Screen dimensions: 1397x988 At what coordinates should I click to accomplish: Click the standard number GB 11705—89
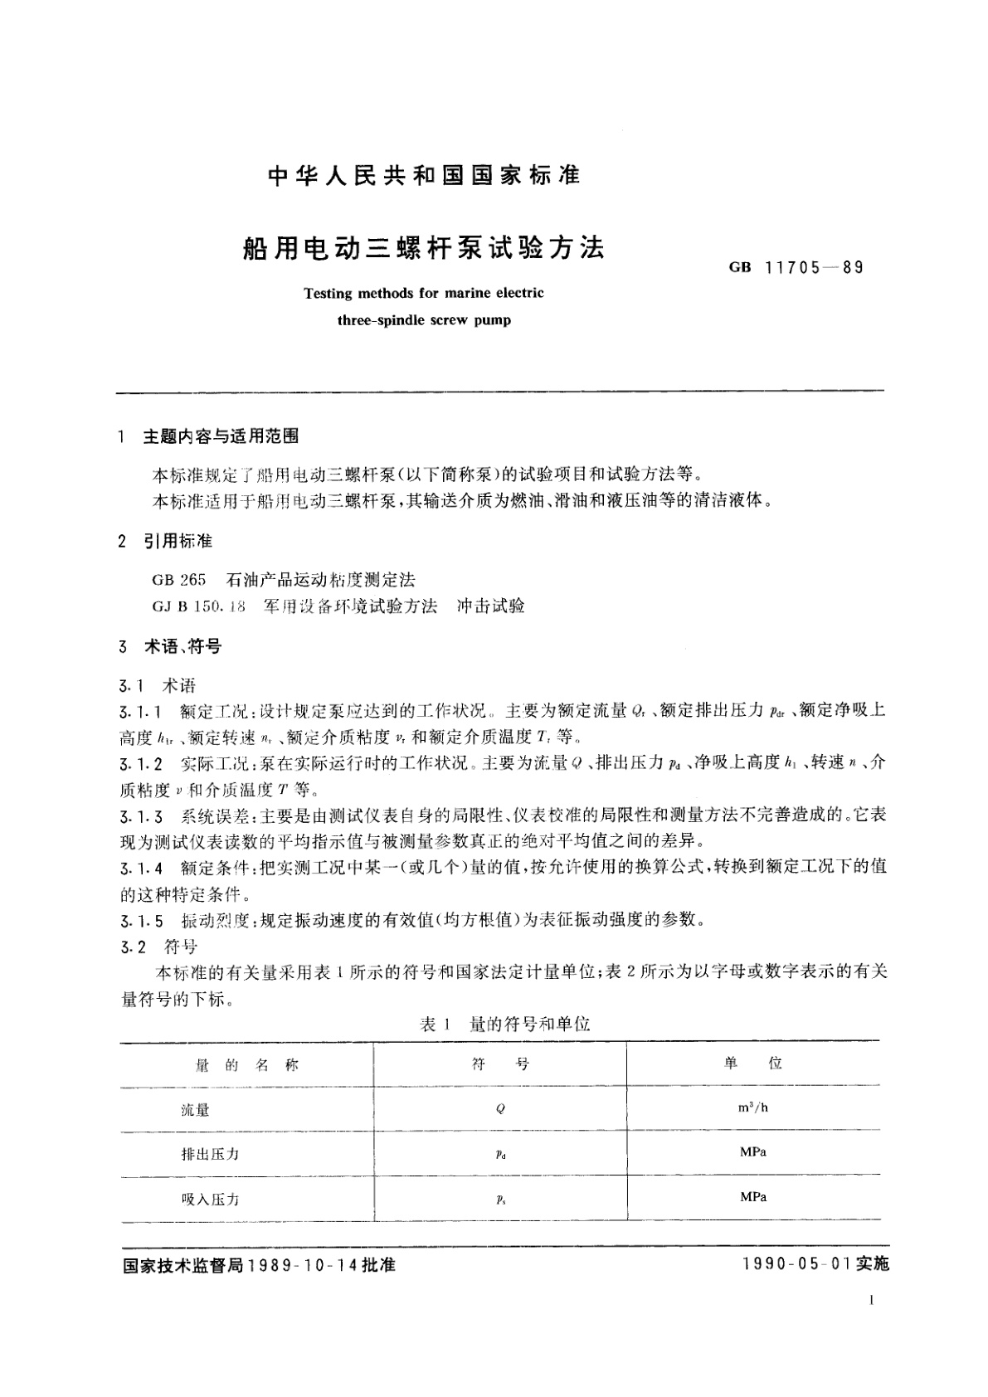tap(796, 267)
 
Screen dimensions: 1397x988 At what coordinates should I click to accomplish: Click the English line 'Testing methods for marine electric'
tap(424, 293)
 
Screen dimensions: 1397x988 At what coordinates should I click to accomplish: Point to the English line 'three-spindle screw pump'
tap(424, 319)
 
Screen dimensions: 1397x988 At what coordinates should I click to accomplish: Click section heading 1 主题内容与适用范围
tap(221, 436)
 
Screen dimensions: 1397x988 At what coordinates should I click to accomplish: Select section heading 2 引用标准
tap(178, 542)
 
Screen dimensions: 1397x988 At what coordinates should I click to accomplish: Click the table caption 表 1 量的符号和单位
tap(504, 1025)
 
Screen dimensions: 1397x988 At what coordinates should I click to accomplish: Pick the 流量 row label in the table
tap(196, 1110)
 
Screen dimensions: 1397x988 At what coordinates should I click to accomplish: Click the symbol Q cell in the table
tap(500, 1110)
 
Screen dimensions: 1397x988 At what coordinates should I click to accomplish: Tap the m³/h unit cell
tap(752, 1107)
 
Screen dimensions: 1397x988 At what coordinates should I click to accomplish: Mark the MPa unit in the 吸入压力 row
tap(752, 1197)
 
